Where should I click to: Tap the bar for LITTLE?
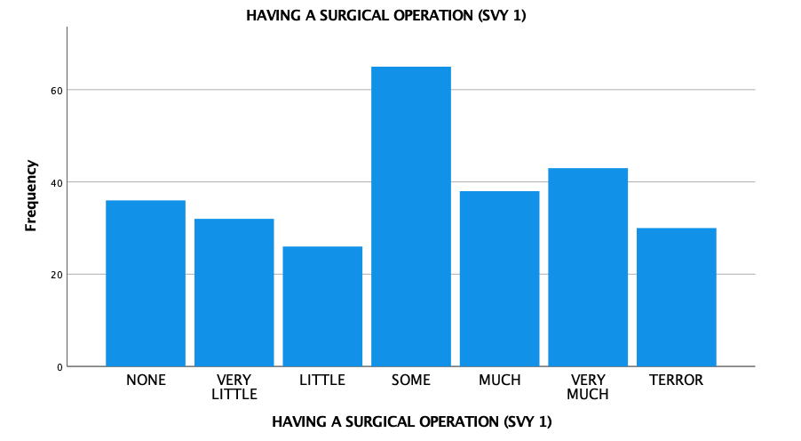[322, 306]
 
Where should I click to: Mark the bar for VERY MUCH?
[588, 267]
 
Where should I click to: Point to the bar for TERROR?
[676, 297]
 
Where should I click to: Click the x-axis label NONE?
[146, 381]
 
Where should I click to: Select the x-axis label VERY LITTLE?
[234, 387]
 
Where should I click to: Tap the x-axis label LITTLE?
[322, 381]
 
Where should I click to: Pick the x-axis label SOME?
[411, 381]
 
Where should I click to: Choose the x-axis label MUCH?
[499, 381]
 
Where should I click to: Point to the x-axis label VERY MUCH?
[588, 387]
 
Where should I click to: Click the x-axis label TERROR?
[676, 381]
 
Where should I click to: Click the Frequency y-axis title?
[31, 196]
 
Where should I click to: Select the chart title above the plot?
[386, 15]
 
